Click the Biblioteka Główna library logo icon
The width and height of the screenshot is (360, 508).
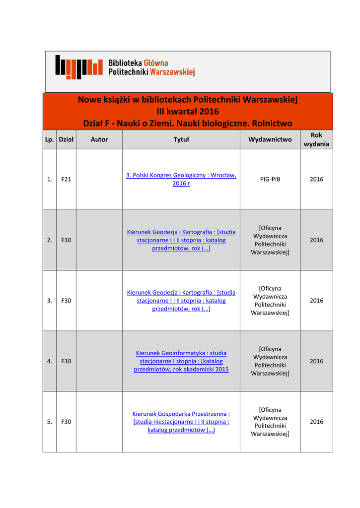click(78, 66)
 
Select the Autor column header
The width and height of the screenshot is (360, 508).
click(99, 139)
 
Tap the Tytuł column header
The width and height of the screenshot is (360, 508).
click(181, 139)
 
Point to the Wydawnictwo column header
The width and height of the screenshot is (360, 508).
click(270, 139)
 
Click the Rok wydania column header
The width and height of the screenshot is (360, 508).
click(316, 139)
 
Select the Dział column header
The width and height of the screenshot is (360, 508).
click(66, 139)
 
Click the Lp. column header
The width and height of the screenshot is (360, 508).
click(49, 139)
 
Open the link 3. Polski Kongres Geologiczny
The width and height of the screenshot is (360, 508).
click(181, 179)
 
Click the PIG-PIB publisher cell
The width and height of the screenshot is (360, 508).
click(270, 179)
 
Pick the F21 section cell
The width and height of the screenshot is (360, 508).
click(66, 179)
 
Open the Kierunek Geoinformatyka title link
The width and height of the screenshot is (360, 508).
click(181, 361)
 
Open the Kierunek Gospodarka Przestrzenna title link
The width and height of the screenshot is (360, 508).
click(181, 422)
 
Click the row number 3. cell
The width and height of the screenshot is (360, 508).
click(49, 301)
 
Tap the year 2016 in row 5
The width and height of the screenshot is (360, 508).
click(316, 422)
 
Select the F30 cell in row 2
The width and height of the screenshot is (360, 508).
click(66, 240)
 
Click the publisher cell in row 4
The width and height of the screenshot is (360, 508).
click(270, 361)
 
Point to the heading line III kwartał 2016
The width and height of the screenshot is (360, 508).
click(187, 111)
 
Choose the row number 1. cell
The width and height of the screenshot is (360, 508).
click(49, 179)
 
